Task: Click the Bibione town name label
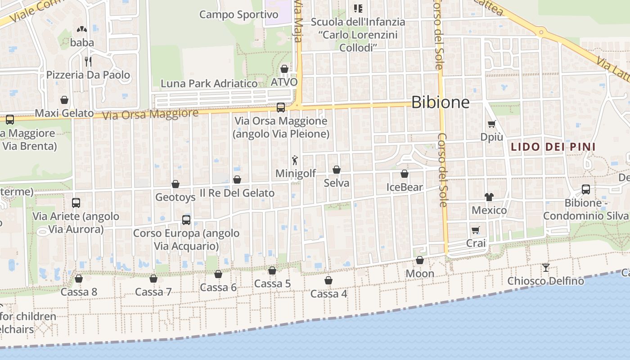click(440, 103)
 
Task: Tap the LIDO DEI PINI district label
click(553, 147)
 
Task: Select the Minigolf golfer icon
click(295, 160)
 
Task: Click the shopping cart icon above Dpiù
click(491, 124)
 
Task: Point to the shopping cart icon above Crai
click(476, 230)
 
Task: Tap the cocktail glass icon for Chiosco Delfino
click(545, 268)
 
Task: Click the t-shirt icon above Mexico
click(489, 197)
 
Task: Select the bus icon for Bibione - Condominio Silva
click(585, 189)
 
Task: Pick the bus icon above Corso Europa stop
click(186, 220)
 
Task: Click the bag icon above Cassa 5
click(272, 270)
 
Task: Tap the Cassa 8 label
click(79, 292)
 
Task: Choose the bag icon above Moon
click(419, 260)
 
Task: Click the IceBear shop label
click(405, 187)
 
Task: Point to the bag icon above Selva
click(336, 170)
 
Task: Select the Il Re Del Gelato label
click(237, 193)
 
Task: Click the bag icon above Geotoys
click(175, 184)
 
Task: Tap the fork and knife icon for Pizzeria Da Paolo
click(88, 61)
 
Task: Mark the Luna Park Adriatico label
click(209, 84)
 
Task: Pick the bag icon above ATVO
click(284, 69)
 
